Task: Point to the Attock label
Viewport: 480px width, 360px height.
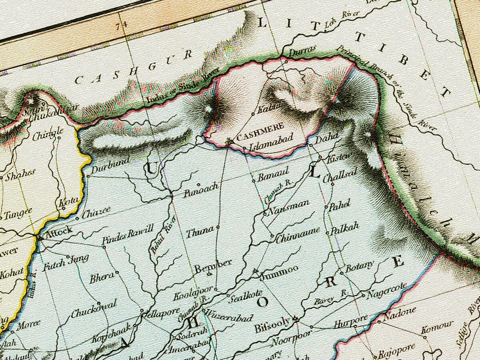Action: point(59,231)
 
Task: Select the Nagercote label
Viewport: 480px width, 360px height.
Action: point(387,291)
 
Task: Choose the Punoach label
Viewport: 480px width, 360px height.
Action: point(201,190)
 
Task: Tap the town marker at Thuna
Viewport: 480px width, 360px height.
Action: point(218,227)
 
